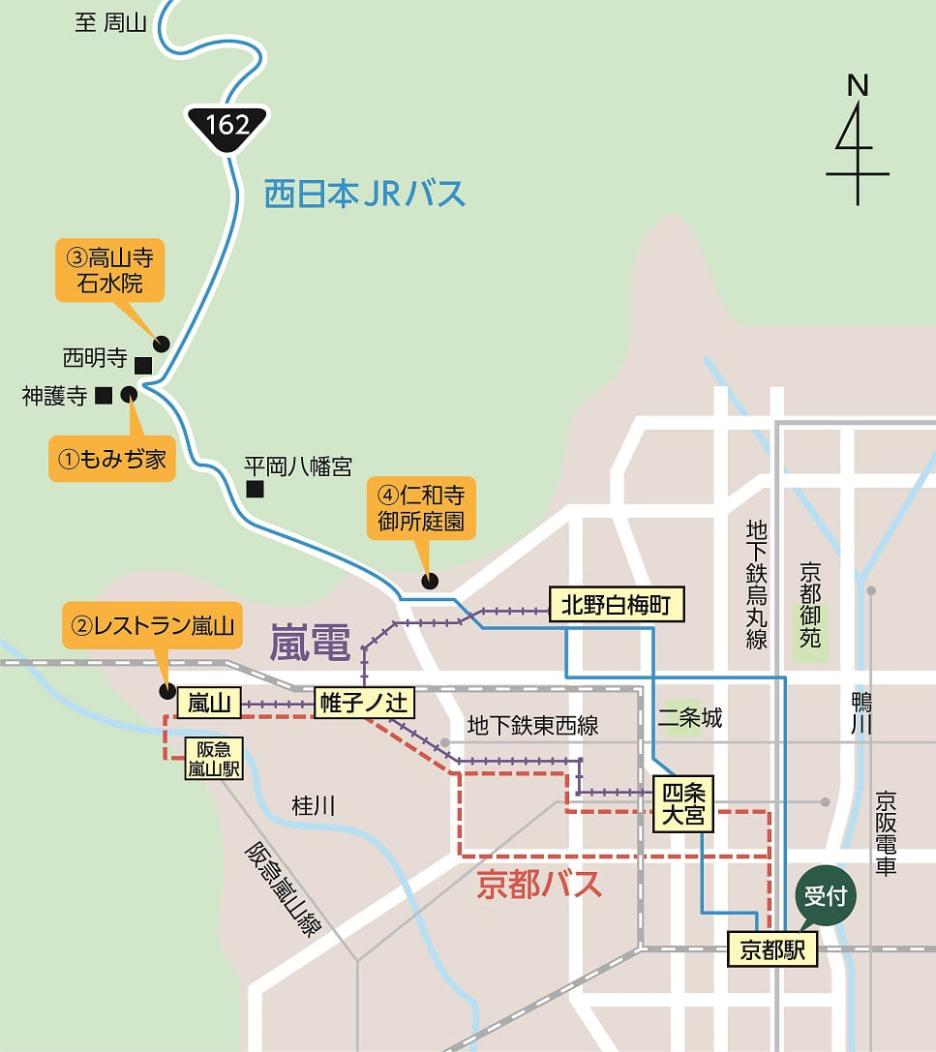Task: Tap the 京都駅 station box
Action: point(772,949)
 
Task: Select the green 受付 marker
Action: point(826,896)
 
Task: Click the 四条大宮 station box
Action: point(683,804)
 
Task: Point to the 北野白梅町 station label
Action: point(617,606)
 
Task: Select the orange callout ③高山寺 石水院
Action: point(109,271)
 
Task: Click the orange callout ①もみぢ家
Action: point(111,460)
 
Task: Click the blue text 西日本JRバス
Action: point(365,195)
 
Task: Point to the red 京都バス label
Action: point(539,885)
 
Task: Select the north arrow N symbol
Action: point(857,140)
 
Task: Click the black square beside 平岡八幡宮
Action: point(255,490)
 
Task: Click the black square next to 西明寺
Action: point(142,365)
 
